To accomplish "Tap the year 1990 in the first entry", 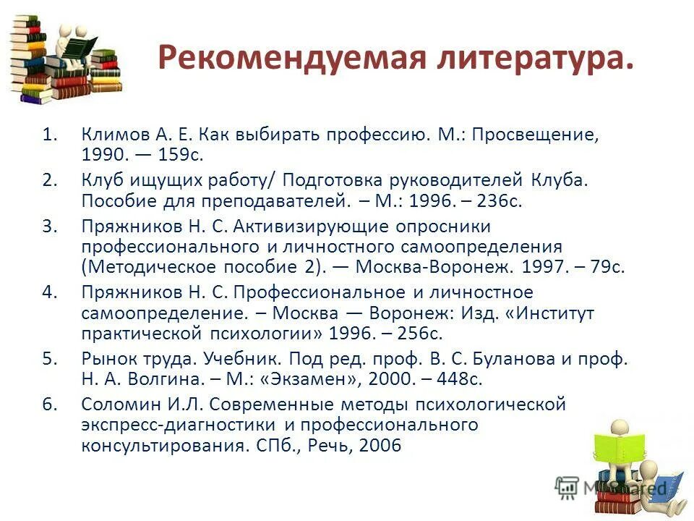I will pos(103,155).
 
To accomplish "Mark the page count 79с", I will pos(606,266).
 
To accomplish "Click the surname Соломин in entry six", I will pos(116,404).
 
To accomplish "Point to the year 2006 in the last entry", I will pos(377,444).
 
